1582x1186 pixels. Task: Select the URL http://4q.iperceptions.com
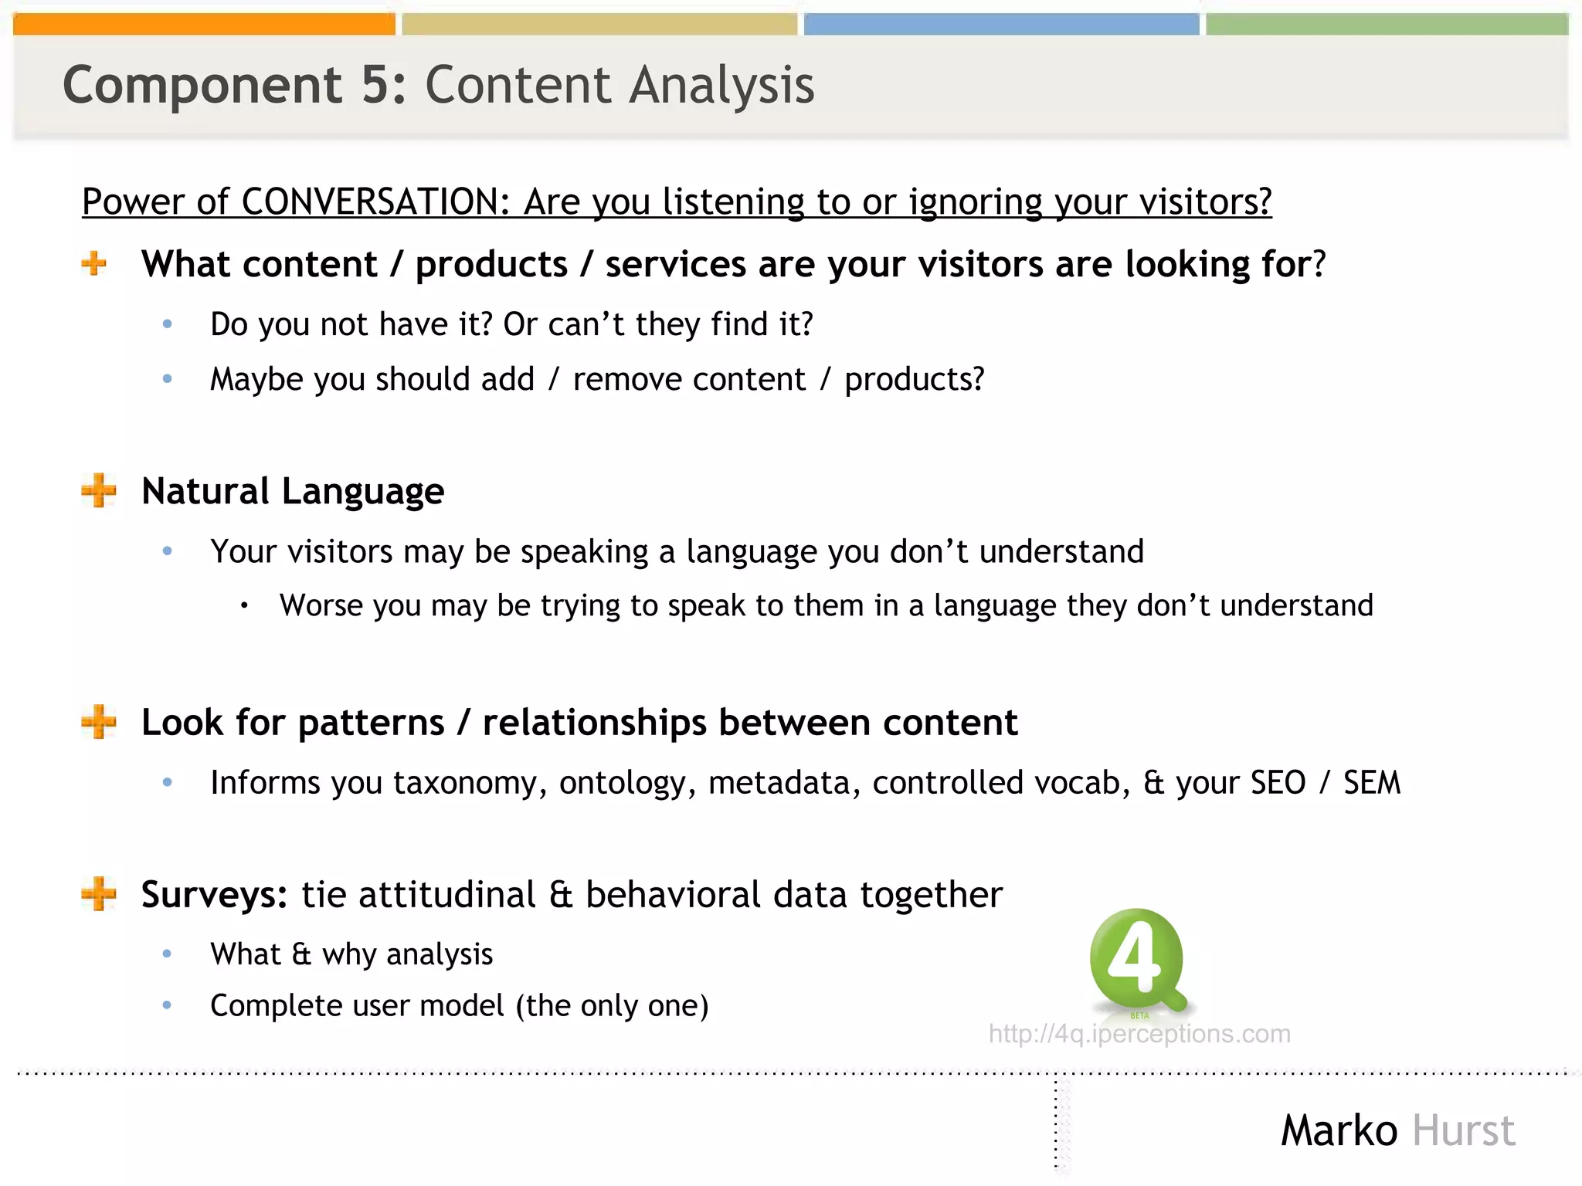(x=1139, y=1034)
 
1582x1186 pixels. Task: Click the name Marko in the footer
(x=1339, y=1131)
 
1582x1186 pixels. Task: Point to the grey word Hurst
(x=1464, y=1131)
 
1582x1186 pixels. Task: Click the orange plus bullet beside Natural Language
(x=98, y=491)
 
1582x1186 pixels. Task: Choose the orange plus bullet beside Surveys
(x=98, y=894)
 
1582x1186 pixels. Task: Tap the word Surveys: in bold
(x=214, y=895)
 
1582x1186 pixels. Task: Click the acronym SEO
(x=1278, y=783)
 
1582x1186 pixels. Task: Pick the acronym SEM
(x=1371, y=783)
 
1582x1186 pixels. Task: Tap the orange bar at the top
(x=204, y=25)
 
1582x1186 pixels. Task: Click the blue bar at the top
(x=1001, y=25)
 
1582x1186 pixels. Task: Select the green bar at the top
(x=1387, y=25)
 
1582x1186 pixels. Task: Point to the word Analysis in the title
(x=721, y=85)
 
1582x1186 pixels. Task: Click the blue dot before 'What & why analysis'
(x=168, y=954)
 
